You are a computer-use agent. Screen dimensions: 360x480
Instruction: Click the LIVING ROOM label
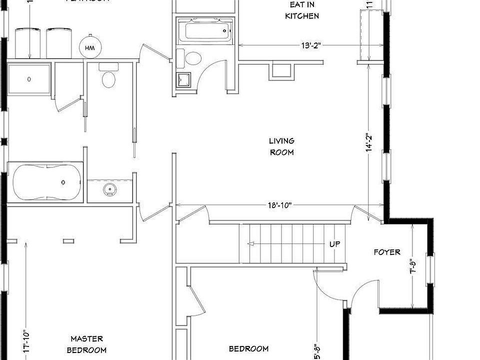click(x=281, y=146)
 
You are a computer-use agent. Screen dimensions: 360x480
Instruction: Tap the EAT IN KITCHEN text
click(x=302, y=10)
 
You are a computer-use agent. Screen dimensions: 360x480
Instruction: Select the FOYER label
click(x=387, y=252)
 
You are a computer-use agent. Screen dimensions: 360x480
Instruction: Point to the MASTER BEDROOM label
click(x=86, y=344)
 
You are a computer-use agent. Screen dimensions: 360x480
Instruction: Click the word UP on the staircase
click(x=335, y=244)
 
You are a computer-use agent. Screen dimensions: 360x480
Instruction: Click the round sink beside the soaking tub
click(x=110, y=189)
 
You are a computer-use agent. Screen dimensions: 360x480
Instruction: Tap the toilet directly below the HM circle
click(x=108, y=78)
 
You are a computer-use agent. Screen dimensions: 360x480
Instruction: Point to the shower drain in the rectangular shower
click(x=29, y=79)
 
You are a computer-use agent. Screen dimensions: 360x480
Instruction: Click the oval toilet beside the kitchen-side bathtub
click(x=193, y=58)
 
